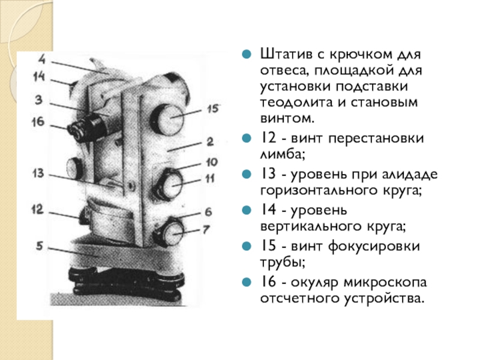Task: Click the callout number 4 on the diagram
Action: click(x=42, y=59)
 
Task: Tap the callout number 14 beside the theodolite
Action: click(x=39, y=77)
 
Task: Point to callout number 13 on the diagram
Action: click(x=38, y=173)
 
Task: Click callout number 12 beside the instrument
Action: click(x=37, y=209)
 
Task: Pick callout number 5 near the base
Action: click(x=39, y=245)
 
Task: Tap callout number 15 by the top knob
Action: click(x=213, y=109)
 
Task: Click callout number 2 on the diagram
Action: click(x=209, y=142)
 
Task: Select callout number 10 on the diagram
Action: click(x=212, y=162)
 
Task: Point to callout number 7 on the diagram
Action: click(x=206, y=229)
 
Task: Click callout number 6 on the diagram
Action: click(x=208, y=212)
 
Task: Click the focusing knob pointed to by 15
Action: click(x=167, y=119)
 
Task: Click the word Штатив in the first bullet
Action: click(x=287, y=55)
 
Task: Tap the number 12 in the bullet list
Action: click(x=268, y=138)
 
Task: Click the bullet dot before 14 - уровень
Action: click(x=247, y=210)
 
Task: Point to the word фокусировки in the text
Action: click(x=374, y=247)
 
